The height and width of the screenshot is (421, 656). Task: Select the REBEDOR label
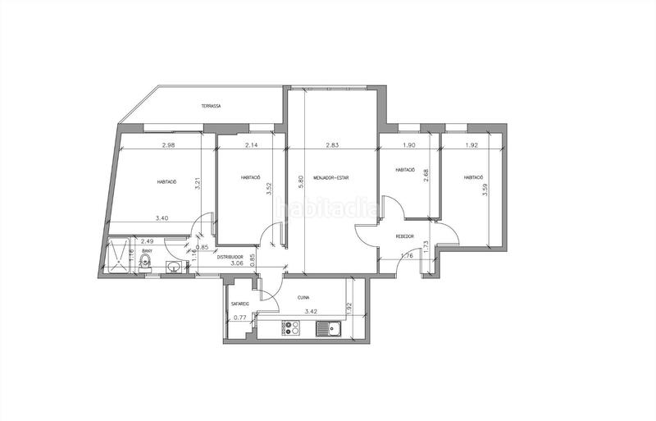[404, 236]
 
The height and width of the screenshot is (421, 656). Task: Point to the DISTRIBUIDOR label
[233, 256]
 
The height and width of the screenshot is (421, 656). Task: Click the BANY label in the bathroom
[148, 251]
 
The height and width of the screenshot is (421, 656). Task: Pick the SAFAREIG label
[239, 303]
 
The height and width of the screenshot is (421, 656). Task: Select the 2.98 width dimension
[169, 145]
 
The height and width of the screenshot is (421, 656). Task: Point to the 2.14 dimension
[251, 145]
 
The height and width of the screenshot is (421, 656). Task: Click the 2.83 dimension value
[332, 145]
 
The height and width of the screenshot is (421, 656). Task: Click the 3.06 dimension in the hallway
[236, 263]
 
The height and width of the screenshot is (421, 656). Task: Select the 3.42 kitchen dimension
[311, 312]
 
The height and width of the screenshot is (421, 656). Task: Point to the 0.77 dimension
[239, 318]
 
